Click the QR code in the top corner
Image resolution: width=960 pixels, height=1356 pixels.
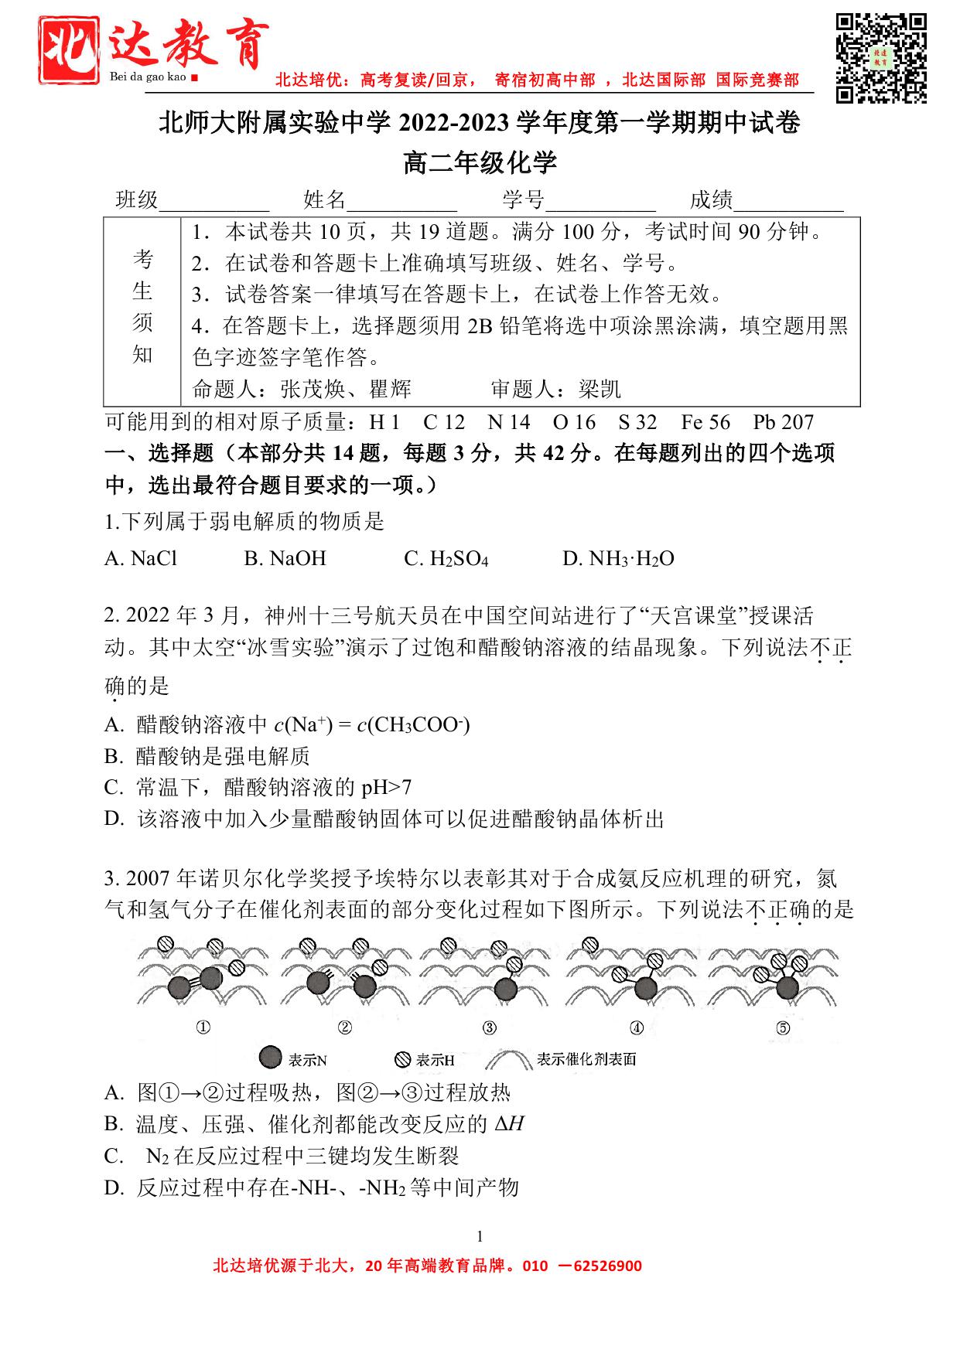(881, 58)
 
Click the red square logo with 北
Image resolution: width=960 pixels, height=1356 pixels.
(71, 50)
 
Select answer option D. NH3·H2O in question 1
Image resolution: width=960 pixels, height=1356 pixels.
(618, 559)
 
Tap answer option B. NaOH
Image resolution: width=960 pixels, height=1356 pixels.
(285, 559)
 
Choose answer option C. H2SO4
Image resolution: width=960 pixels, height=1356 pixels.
(446, 559)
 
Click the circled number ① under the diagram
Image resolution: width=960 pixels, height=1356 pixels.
(203, 1027)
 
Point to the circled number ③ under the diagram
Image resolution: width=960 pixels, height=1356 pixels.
(489, 1027)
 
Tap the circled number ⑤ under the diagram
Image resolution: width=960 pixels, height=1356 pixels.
(783, 1027)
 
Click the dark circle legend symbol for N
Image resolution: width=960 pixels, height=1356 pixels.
(270, 1058)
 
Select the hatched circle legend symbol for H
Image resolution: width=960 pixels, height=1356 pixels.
(402, 1059)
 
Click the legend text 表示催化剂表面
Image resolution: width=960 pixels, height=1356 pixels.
(586, 1059)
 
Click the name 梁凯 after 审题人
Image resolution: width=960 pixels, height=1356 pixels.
(600, 389)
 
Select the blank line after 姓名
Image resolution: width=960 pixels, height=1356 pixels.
(402, 203)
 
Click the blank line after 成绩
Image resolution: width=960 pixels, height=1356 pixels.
(789, 203)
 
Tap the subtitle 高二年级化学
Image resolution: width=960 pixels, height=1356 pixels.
(480, 163)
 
